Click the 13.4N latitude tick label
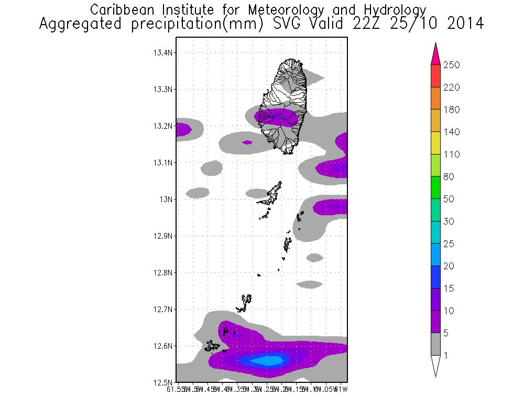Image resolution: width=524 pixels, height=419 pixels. tap(162, 53)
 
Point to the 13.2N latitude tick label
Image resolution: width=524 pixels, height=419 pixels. tap(162, 126)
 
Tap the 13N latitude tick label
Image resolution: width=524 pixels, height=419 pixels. tap(166, 200)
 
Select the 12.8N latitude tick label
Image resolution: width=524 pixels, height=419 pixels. tap(162, 273)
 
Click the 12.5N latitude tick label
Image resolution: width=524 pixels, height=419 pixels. tap(162, 382)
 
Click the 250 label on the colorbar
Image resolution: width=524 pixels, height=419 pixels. tap(452, 65)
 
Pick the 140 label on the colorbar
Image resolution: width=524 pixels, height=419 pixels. tap(452, 132)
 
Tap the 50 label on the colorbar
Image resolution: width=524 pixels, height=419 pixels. tap(450, 199)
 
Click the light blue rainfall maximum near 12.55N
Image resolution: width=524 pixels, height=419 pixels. tap(268, 360)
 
